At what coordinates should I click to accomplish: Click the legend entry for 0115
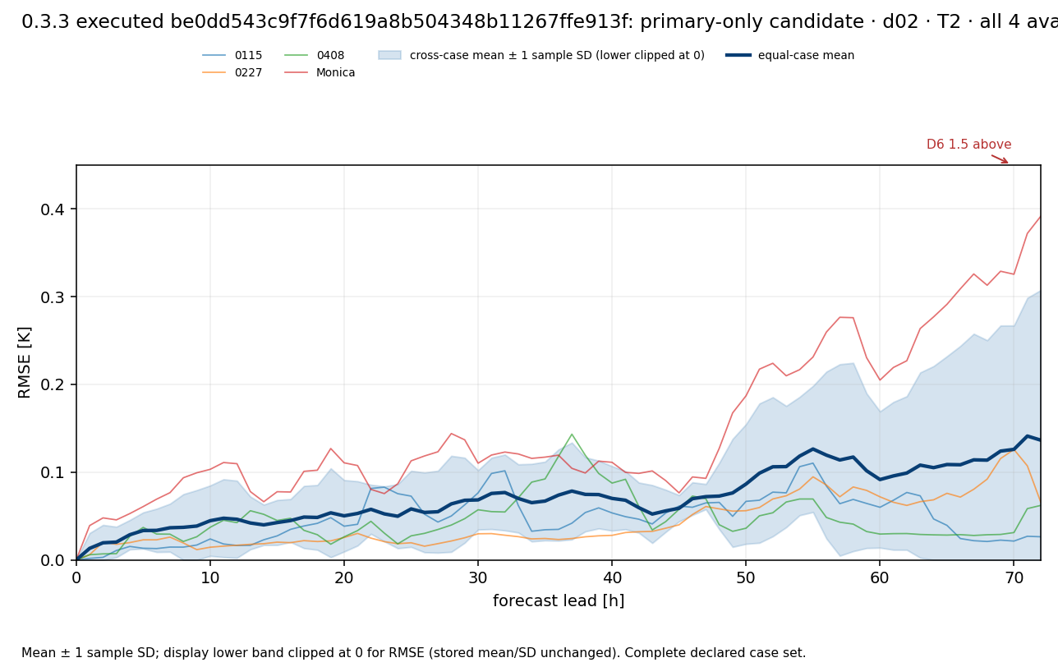[232, 55]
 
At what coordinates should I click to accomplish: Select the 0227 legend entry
[232, 72]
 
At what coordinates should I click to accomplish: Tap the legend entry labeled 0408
[315, 55]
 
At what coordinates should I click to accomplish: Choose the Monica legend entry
[320, 72]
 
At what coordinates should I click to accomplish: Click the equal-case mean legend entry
[790, 55]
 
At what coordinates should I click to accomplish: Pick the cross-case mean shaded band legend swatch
[389, 55]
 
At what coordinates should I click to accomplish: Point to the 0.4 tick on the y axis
[53, 209]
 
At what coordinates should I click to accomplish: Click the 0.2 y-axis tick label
[53, 384]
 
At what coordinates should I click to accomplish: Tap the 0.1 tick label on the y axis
[53, 472]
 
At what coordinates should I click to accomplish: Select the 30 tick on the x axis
[478, 577]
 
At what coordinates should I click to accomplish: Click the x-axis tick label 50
[746, 577]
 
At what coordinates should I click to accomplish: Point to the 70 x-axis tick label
[1014, 577]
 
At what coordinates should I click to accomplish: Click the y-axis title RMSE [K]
[24, 363]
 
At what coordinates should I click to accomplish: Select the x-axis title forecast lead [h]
[559, 600]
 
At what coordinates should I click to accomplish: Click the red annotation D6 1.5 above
[968, 145]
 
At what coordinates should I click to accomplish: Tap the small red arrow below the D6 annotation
[1000, 159]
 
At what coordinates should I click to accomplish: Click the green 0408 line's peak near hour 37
[572, 434]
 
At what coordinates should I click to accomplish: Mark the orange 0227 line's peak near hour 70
[1014, 449]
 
